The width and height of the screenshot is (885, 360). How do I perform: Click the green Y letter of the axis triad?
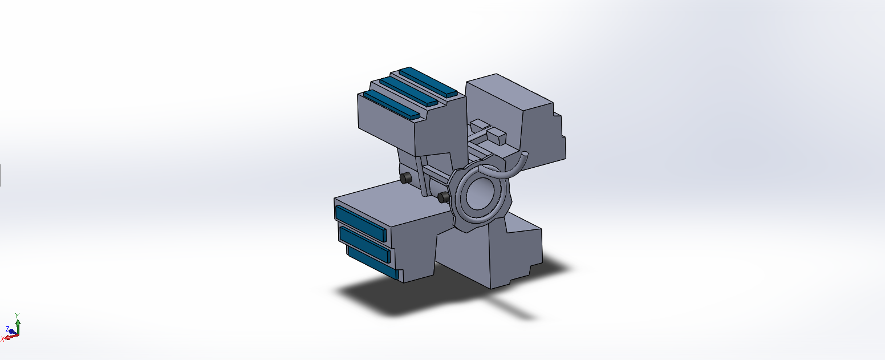[x=17, y=315]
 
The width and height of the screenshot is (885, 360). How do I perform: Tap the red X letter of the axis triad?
[x=2, y=339]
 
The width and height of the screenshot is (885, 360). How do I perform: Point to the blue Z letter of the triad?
[x=7, y=329]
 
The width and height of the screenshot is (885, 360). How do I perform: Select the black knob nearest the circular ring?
[x=443, y=197]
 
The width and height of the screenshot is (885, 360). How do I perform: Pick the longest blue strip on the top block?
[x=391, y=104]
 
